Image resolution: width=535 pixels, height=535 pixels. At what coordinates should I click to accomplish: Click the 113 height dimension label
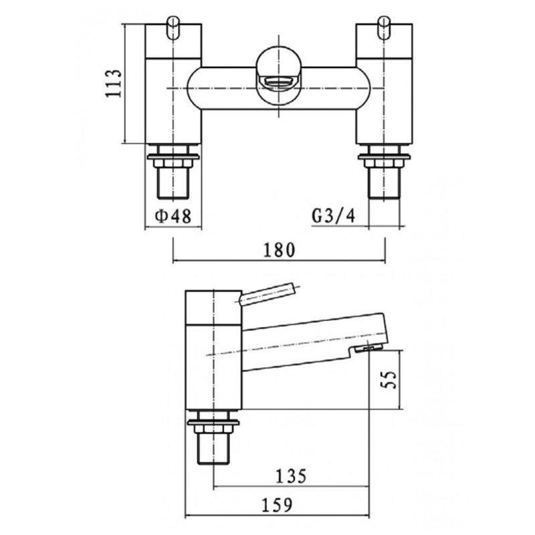[x=113, y=84]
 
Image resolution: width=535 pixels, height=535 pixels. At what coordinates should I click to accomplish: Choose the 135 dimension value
[x=291, y=476]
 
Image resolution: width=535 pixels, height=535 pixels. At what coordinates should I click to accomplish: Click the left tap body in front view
[x=173, y=87]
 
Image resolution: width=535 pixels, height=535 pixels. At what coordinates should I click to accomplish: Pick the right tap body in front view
[x=384, y=87]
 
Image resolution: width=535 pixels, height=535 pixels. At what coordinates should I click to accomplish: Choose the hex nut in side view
[x=213, y=424]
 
